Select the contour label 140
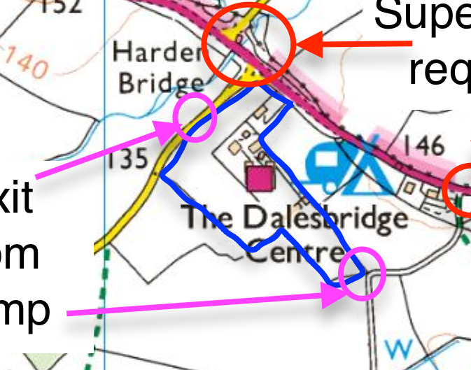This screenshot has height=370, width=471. [x=28, y=65]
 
